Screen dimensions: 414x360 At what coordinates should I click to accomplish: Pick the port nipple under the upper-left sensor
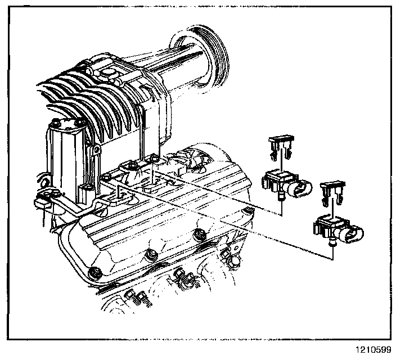pos(280,195)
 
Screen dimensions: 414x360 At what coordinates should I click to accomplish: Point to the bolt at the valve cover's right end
pos(246,211)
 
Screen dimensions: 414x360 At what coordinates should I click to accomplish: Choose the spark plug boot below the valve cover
pos(182,274)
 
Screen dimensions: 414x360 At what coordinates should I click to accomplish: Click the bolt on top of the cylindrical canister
pos(58,124)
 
